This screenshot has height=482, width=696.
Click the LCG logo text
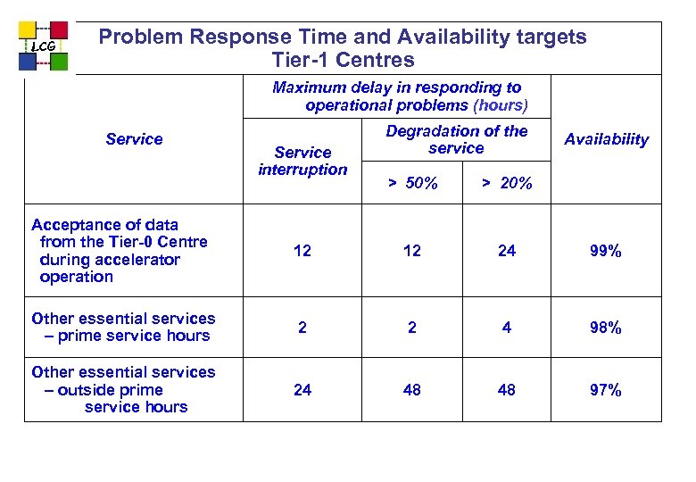[x=43, y=46]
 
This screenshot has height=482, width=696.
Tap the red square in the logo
[x=59, y=31]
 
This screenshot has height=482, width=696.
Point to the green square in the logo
[x=59, y=62]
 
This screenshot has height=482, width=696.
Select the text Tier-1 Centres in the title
[x=344, y=61]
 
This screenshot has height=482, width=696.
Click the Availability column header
[x=606, y=139]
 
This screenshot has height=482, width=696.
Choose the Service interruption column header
[x=302, y=161]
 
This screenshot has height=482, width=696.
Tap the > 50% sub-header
[x=411, y=184]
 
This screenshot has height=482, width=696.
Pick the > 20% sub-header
[x=506, y=184]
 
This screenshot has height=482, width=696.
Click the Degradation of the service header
[x=456, y=139]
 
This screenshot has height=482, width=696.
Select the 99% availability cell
[x=605, y=252]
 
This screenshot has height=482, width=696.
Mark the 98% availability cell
[x=605, y=328]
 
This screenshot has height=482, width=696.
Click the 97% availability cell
[x=605, y=390]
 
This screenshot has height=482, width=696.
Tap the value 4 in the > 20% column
[x=506, y=328]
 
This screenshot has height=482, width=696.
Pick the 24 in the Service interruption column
[x=302, y=390]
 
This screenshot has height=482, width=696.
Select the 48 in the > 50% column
[x=411, y=390]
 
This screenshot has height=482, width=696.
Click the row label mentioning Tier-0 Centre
[x=119, y=251]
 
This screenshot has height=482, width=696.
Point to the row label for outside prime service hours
[x=123, y=389]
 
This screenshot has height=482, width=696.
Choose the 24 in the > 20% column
[x=506, y=252]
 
